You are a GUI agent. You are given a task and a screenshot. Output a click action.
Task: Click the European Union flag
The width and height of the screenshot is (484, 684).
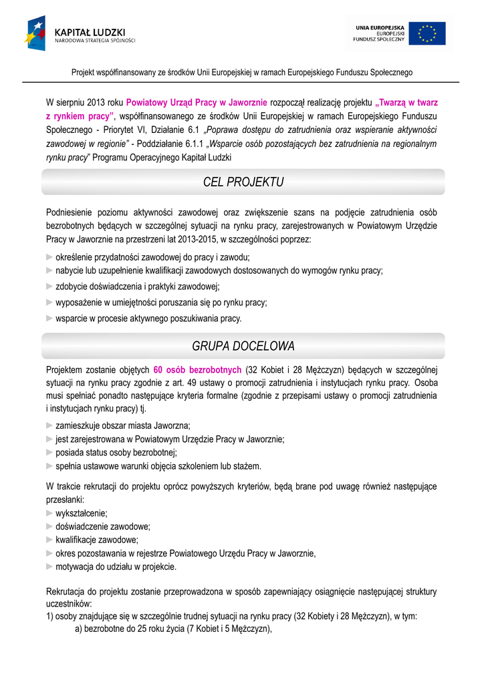point(427,33)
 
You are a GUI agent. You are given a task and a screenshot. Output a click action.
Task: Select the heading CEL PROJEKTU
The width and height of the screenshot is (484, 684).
point(243,182)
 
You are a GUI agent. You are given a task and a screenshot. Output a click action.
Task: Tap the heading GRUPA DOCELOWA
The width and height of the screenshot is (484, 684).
point(243,346)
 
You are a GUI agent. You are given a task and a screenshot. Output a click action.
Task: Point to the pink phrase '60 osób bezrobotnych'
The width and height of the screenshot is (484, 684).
point(197,369)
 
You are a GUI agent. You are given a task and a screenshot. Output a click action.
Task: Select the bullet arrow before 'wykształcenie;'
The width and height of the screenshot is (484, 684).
point(49,513)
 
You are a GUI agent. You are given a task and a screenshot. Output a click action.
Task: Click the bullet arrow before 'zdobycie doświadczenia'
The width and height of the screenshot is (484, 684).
point(49,287)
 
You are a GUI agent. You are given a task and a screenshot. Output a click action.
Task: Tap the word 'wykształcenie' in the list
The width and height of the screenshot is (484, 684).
point(82,513)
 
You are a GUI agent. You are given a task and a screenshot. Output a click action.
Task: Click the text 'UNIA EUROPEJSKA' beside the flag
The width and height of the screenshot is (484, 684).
point(380,27)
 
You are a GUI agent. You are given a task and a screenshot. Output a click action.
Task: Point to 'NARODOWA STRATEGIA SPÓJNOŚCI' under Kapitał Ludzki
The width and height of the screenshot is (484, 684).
point(94,40)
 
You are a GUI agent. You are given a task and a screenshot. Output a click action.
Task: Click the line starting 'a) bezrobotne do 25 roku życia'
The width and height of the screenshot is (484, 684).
point(173,628)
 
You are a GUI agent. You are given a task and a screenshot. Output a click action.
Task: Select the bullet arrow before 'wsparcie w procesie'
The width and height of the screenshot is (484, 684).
point(49,318)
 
